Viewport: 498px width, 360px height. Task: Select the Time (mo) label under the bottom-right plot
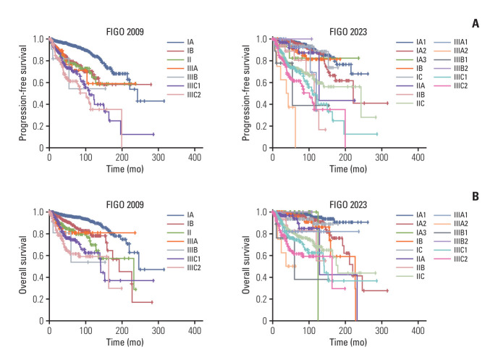point(345,340)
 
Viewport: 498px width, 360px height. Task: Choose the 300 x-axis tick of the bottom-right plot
point(381,330)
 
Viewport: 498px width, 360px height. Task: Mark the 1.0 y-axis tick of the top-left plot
point(38,38)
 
